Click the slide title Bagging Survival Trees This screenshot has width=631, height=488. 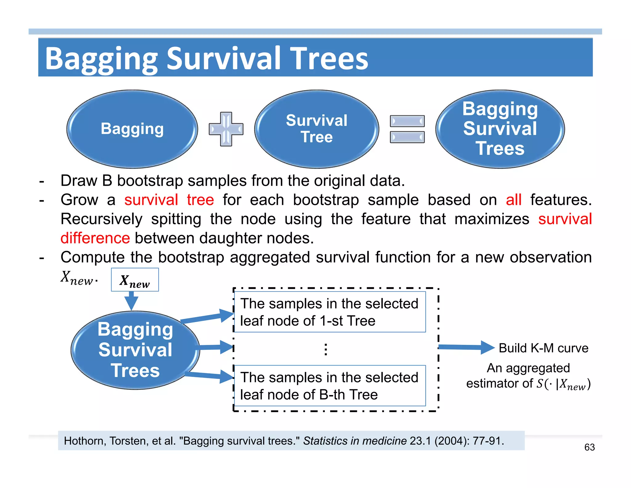[206, 59]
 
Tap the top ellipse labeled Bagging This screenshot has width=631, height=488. [132, 129]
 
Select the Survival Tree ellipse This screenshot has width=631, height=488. [316, 129]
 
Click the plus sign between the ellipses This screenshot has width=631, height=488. [226, 129]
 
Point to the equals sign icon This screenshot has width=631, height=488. [407, 129]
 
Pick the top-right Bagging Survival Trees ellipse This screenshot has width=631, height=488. [500, 129]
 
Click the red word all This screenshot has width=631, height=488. [513, 200]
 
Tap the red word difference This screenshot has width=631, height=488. [95, 238]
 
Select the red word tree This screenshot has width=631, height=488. [200, 200]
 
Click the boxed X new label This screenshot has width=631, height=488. [135, 280]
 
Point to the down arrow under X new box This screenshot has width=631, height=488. [132, 301]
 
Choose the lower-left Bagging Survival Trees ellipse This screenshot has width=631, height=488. [135, 350]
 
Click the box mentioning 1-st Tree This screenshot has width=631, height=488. [330, 312]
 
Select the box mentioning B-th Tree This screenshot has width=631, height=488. [330, 386]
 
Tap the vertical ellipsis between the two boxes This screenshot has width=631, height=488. [326, 349]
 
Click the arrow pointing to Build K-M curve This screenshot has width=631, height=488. [465, 347]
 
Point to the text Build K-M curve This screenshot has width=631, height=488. [543, 348]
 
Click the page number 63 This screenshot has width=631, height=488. [589, 447]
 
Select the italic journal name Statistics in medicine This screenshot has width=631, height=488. [355, 441]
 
